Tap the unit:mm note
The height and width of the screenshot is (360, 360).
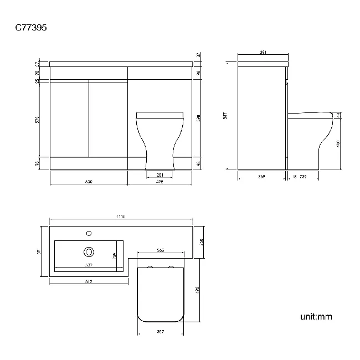click(316, 317)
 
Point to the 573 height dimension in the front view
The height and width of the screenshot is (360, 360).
click(38, 119)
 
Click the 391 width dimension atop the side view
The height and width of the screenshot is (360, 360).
click(263, 53)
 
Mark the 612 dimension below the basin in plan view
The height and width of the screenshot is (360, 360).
click(88, 282)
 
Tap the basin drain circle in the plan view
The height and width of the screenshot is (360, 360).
click(88, 252)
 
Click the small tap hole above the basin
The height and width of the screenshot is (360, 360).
click(88, 233)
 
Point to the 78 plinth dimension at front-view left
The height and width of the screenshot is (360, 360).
click(38, 163)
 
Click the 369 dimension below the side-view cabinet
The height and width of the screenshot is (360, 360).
click(262, 177)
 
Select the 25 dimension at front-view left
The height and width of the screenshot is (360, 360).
click(38, 81)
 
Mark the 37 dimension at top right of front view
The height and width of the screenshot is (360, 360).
click(198, 55)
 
